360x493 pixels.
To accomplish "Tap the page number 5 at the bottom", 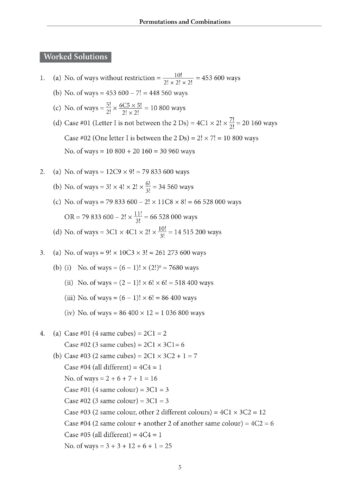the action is tap(179, 466).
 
